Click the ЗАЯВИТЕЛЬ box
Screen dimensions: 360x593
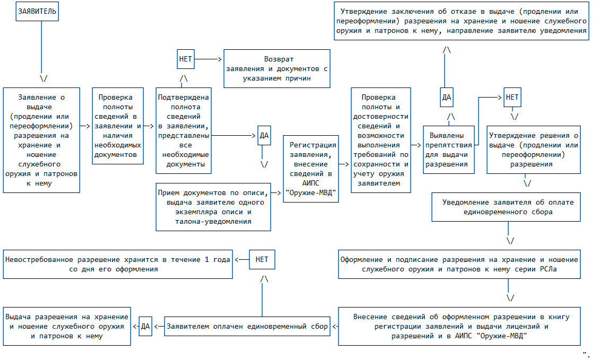tap(37, 11)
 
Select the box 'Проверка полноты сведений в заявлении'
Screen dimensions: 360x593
tap(118, 126)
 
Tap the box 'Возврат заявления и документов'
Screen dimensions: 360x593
tap(277, 68)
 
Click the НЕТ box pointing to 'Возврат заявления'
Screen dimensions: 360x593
tap(185, 59)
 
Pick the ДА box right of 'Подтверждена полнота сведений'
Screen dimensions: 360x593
tap(264, 135)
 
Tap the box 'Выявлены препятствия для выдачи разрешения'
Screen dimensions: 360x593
tap(449, 150)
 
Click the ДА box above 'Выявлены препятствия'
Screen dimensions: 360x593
tap(447, 97)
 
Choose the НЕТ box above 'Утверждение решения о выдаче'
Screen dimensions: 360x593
tap(512, 97)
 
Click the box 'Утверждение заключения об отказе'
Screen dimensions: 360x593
tap(461, 21)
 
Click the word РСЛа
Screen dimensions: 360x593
tap(552, 269)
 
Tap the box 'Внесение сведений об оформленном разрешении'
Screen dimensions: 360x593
tap(461, 326)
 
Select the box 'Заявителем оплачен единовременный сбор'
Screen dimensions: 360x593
tap(247, 326)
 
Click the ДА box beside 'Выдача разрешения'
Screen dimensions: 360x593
tap(145, 326)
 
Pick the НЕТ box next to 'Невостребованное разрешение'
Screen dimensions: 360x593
tap(262, 260)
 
